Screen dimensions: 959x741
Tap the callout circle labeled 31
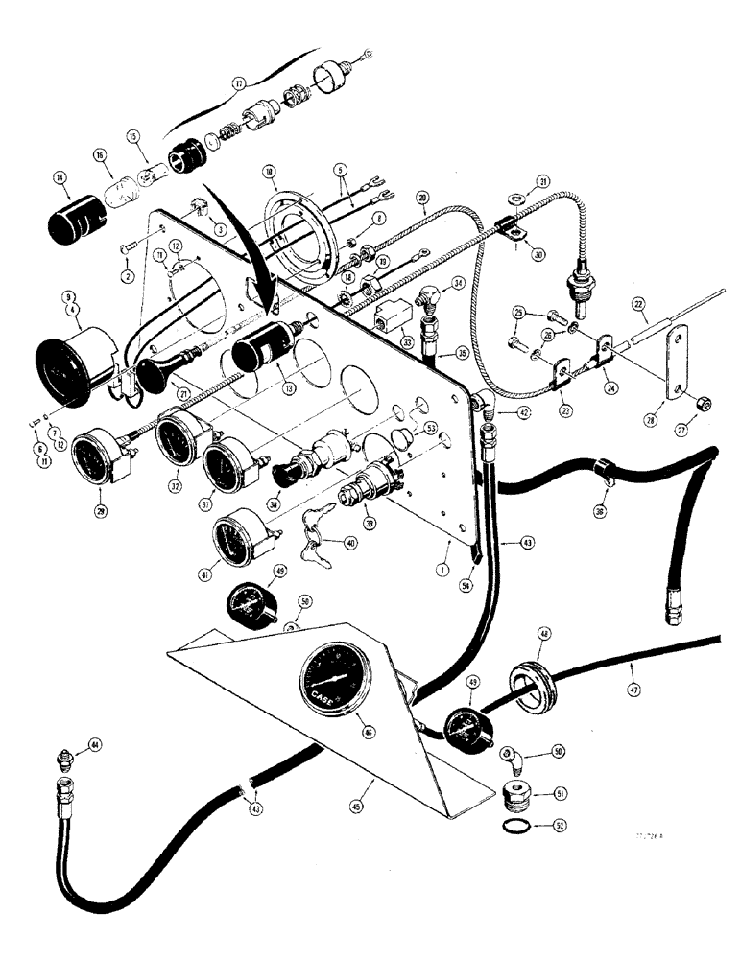(x=542, y=181)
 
